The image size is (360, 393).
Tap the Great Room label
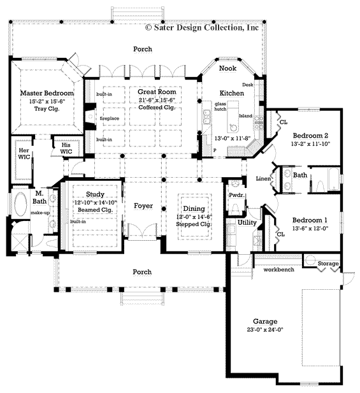(157, 92)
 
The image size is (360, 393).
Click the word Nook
(227, 68)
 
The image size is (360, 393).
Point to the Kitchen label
(231, 93)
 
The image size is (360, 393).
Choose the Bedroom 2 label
(310, 135)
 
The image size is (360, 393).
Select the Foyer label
(143, 206)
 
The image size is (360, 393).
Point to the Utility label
(247, 223)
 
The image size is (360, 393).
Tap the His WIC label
(65, 148)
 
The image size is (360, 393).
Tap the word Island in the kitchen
(246, 117)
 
